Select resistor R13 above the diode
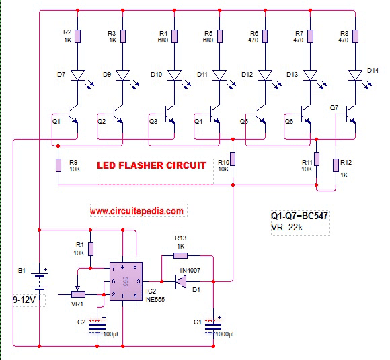pyautogui.click(x=185, y=255)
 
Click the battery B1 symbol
pyautogui.click(x=40, y=277)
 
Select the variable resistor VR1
pyautogui.click(x=79, y=294)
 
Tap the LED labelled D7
pyautogui.click(x=78, y=75)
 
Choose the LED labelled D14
pyautogui.click(x=354, y=75)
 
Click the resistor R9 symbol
pyautogui.click(x=59, y=166)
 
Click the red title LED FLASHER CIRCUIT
pyautogui.click(x=151, y=165)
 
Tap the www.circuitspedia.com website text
pyautogui.click(x=136, y=210)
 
